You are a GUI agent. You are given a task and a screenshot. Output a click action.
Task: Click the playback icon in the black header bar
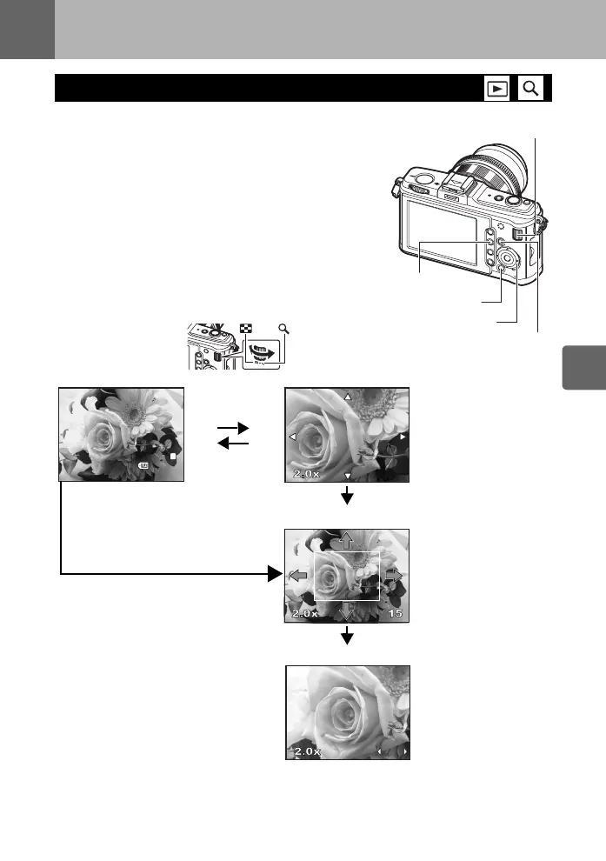pos(497,88)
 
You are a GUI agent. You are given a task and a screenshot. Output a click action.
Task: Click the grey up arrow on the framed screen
pos(346,539)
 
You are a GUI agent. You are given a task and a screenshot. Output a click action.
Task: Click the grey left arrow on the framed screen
pos(298,575)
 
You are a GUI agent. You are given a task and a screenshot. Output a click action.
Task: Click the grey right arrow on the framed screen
pos(395,575)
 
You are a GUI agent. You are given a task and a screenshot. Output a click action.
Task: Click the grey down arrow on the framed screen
pos(346,611)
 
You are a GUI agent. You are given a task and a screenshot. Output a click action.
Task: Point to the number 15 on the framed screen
pos(395,614)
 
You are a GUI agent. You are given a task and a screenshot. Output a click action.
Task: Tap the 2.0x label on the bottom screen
pos(307,751)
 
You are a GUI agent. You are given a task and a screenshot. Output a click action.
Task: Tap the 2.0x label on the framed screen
pos(304,614)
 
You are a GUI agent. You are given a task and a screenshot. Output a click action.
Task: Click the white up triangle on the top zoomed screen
pos(347,397)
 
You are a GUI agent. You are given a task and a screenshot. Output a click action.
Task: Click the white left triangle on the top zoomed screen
pos(293,436)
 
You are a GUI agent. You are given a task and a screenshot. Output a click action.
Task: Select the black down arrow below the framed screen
pos(348,637)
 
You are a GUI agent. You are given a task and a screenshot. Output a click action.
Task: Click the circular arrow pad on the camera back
pos(509,258)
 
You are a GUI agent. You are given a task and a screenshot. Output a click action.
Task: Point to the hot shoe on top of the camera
pos(450,180)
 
